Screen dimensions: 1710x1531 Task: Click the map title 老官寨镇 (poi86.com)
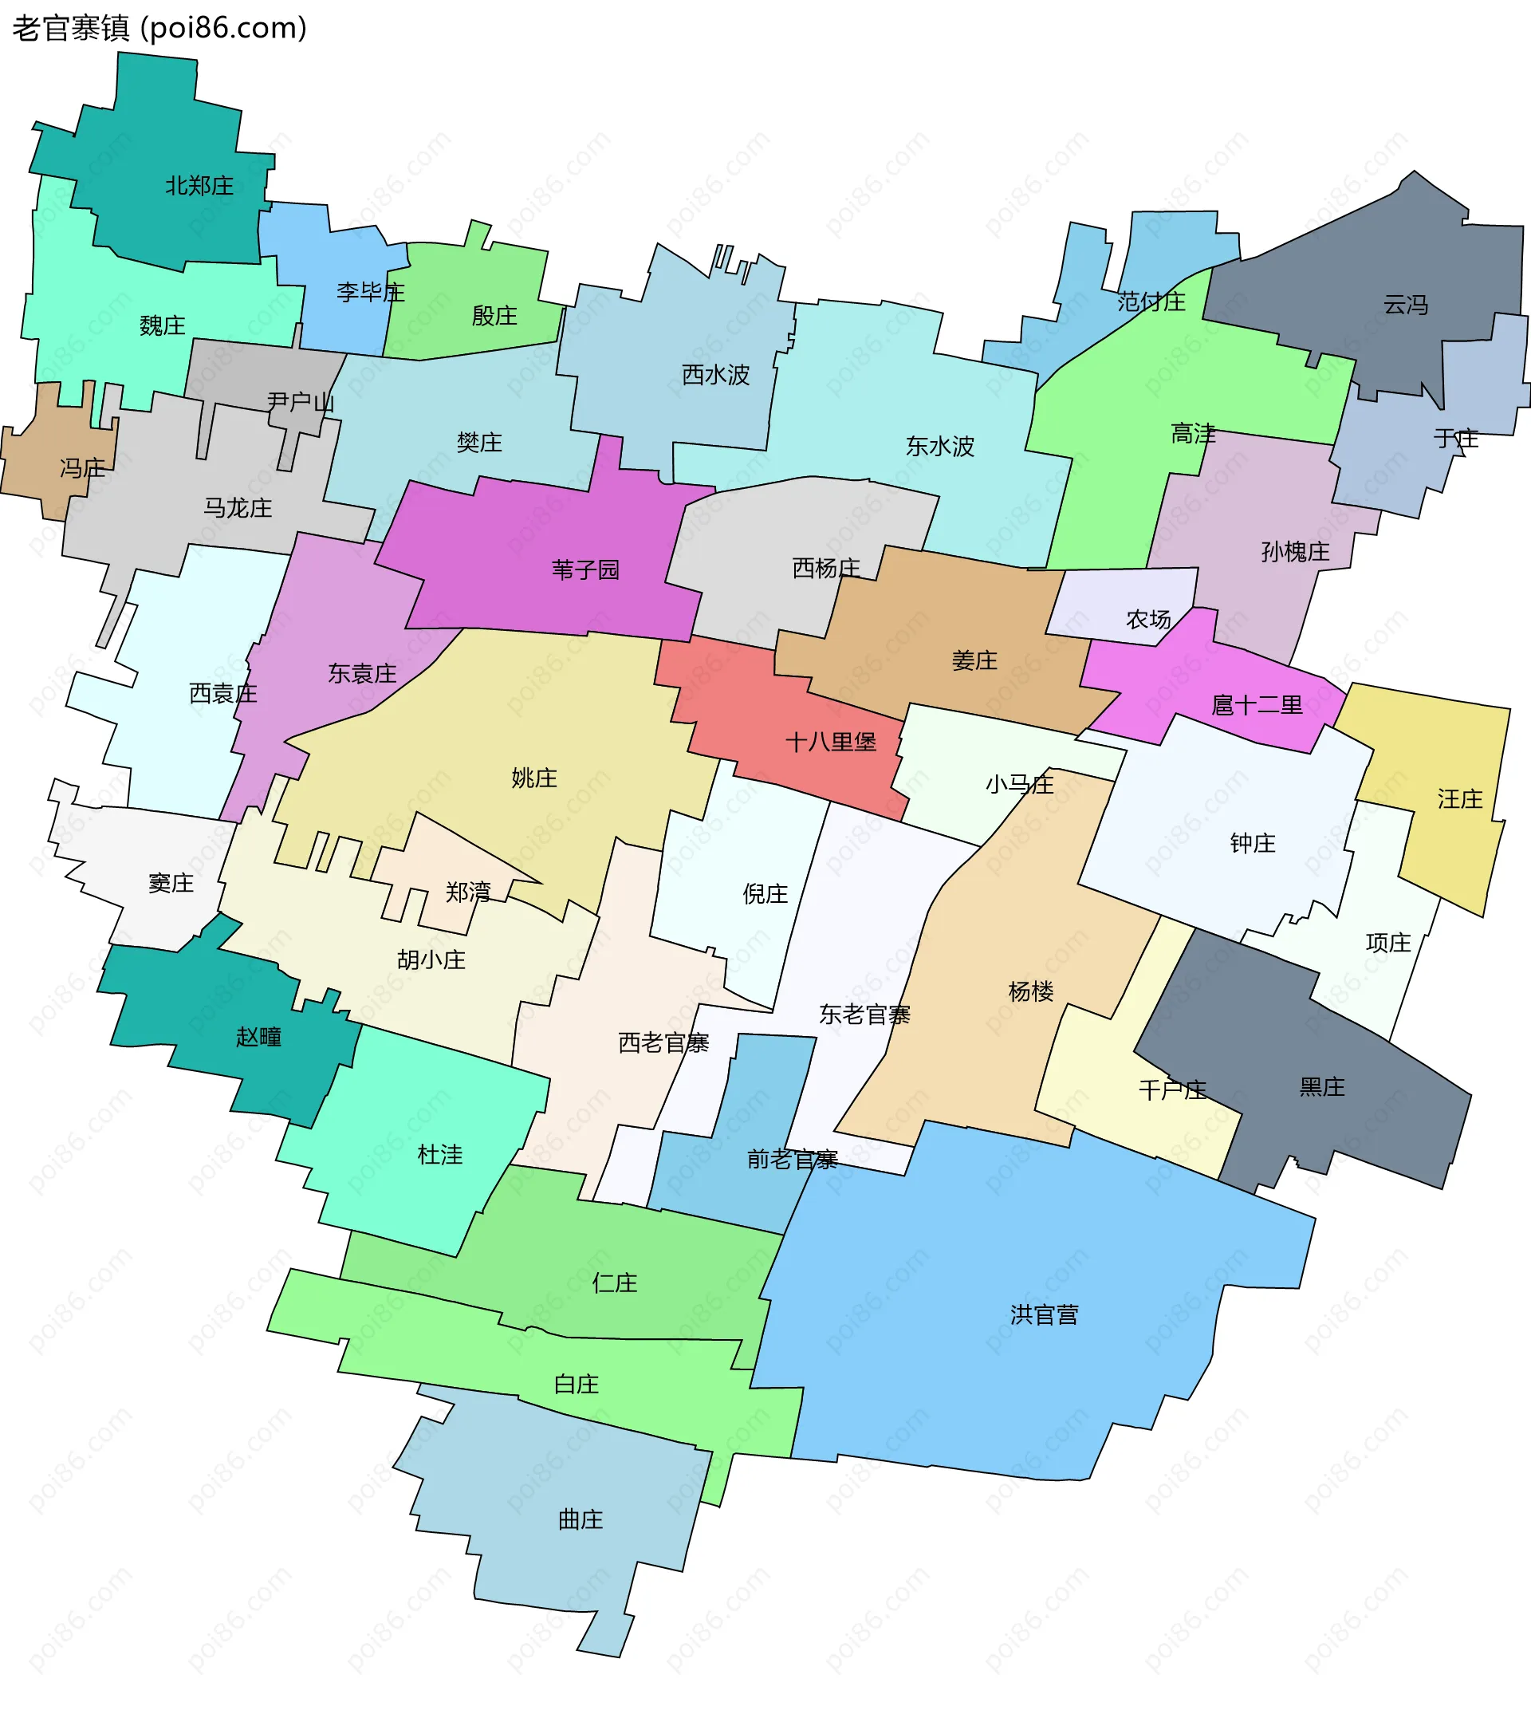coord(159,29)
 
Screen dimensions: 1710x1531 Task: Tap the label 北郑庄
coord(199,185)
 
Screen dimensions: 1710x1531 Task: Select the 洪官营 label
coord(1044,1314)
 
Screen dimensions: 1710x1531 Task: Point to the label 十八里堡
coord(830,742)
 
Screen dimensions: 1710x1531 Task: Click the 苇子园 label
coord(585,569)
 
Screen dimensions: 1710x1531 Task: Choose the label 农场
coord(1148,620)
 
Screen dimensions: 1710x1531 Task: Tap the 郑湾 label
coord(468,891)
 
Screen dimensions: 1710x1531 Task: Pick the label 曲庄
coord(581,1519)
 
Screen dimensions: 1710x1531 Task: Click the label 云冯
coord(1406,305)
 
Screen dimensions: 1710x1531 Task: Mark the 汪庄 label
coord(1459,798)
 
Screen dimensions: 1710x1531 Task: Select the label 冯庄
coord(82,468)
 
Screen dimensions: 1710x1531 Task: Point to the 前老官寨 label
coord(792,1160)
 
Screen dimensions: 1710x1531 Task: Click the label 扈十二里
coord(1257,704)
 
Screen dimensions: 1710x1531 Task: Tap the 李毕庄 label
coord(370,292)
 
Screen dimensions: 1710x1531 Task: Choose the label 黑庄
coord(1321,1086)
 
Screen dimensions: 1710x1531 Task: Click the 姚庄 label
coord(534,778)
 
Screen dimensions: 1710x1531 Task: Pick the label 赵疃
coord(258,1036)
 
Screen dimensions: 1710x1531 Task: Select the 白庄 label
coord(577,1384)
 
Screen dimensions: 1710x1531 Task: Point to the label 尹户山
coord(301,401)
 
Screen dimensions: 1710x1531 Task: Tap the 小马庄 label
coord(1020,783)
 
